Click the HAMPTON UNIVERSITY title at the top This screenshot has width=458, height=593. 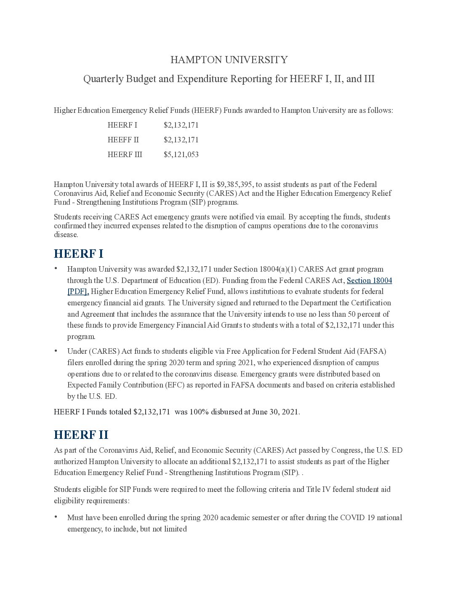[x=229, y=60]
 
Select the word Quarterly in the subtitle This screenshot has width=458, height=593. [x=101, y=79]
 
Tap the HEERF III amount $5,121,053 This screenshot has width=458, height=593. [x=181, y=155]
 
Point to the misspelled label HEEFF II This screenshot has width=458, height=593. [x=123, y=140]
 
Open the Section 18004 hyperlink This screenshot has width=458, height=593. [x=369, y=280]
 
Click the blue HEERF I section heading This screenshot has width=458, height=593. [x=78, y=254]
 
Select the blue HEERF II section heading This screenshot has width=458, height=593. [x=81, y=435]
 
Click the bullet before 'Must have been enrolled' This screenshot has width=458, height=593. [x=56, y=517]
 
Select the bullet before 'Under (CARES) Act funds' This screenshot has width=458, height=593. [x=56, y=350]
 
